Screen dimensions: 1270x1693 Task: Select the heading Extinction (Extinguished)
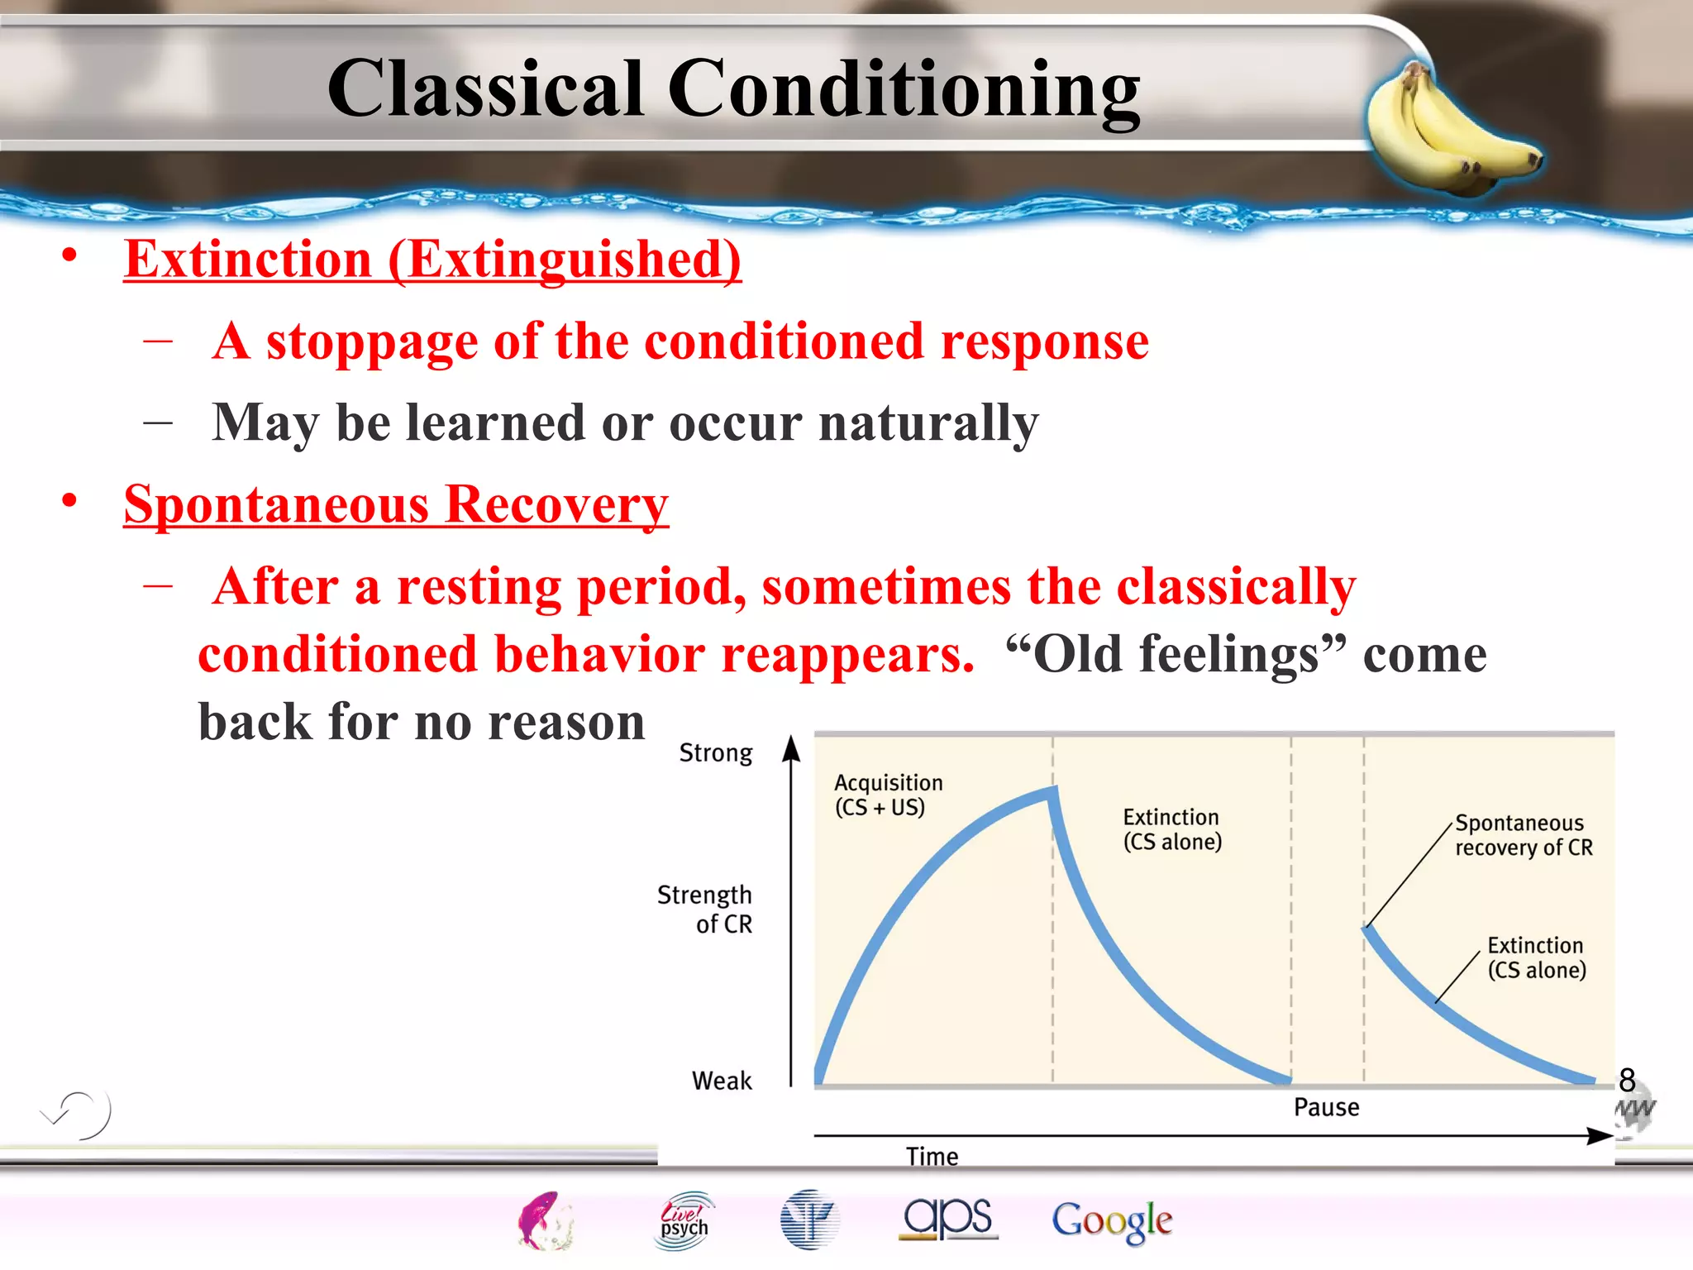click(432, 260)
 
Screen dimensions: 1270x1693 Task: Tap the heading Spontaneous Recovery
click(396, 504)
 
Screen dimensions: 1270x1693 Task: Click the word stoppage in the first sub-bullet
click(371, 341)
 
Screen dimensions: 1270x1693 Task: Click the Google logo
click(1111, 1221)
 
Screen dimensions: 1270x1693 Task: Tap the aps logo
click(948, 1218)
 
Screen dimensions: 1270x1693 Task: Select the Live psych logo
click(684, 1220)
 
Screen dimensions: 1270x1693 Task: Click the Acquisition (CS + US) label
click(888, 795)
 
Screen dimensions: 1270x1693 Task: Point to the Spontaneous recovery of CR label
click(1523, 835)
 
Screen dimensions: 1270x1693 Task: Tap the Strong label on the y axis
click(716, 753)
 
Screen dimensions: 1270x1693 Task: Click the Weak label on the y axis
click(722, 1081)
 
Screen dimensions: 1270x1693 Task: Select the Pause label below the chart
click(1326, 1107)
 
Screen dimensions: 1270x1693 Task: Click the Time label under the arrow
click(932, 1156)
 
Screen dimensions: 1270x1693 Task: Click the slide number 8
click(1627, 1080)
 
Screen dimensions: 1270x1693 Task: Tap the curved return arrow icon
click(79, 1114)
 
